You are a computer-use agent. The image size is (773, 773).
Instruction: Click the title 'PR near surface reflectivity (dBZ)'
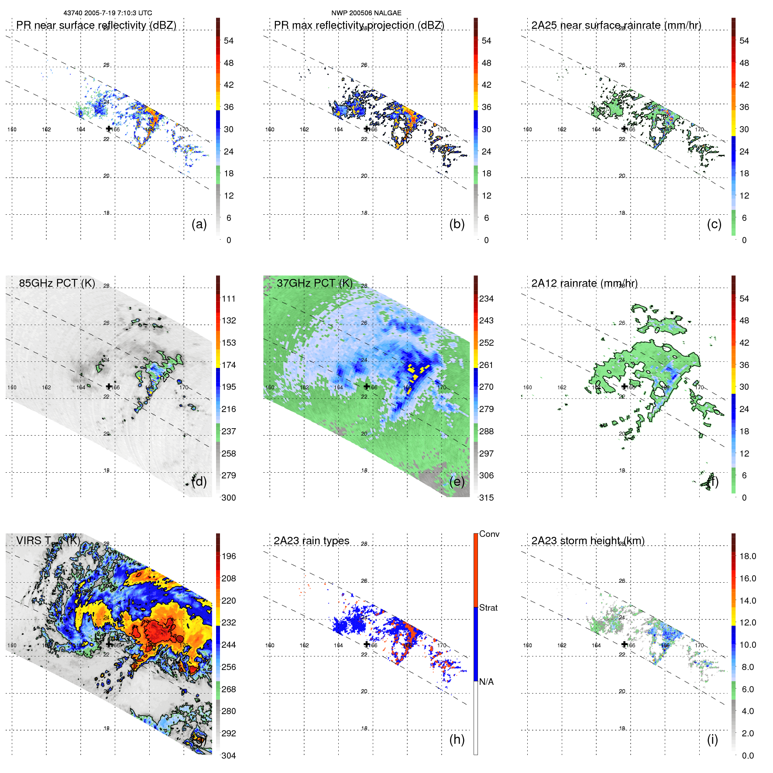click(x=96, y=25)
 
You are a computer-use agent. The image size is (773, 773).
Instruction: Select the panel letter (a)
click(x=199, y=224)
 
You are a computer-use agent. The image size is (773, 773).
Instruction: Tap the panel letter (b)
click(x=457, y=224)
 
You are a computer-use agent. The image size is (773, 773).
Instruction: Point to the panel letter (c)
click(x=714, y=224)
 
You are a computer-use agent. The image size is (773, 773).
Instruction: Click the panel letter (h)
click(x=457, y=739)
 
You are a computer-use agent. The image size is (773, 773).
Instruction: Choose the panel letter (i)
click(x=712, y=739)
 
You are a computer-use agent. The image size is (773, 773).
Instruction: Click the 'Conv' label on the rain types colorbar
click(x=489, y=534)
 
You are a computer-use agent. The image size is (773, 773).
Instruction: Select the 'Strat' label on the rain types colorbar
click(x=488, y=608)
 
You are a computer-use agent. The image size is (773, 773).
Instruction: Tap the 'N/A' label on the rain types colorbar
click(x=487, y=682)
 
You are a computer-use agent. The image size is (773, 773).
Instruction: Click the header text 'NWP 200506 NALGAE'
click(x=366, y=13)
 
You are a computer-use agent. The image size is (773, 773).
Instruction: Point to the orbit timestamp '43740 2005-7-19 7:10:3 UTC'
click(x=108, y=13)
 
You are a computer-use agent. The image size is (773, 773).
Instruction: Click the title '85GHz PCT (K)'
click(x=57, y=283)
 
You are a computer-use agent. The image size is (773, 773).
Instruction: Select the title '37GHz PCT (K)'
click(x=315, y=283)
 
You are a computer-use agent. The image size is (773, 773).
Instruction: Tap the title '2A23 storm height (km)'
click(x=588, y=541)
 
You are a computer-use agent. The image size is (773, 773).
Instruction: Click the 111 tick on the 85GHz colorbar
click(x=229, y=299)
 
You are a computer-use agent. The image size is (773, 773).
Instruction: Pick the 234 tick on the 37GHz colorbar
click(x=486, y=299)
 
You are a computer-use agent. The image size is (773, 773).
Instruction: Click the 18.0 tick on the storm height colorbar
click(x=748, y=556)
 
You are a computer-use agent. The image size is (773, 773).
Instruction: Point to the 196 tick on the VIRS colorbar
click(x=229, y=556)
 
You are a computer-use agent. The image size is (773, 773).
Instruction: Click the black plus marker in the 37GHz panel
click(x=367, y=386)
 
